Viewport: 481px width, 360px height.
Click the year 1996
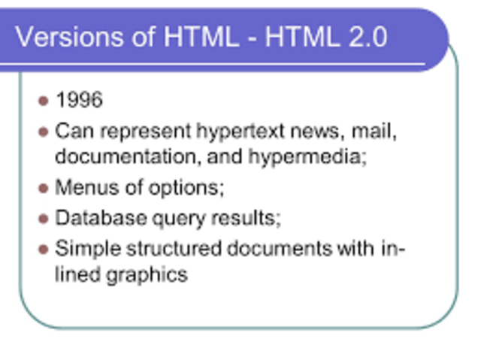click(79, 100)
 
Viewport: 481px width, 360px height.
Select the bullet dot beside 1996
click(43, 100)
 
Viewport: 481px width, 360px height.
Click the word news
click(308, 132)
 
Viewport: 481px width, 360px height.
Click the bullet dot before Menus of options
click(43, 187)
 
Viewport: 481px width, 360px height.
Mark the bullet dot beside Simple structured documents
click(43, 249)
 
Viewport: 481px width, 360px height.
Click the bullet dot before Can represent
click(43, 132)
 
